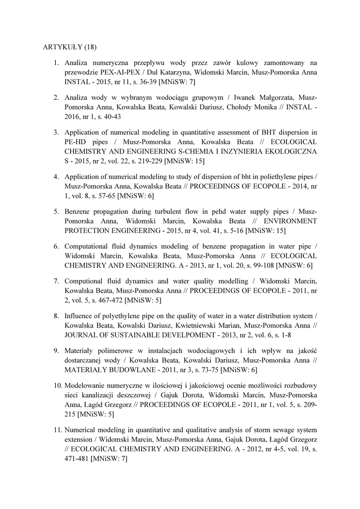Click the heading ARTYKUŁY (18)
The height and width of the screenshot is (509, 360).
[x=67, y=47]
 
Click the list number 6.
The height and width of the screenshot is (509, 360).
[x=56, y=247]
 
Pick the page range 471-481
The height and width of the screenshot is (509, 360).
[x=77, y=459]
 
